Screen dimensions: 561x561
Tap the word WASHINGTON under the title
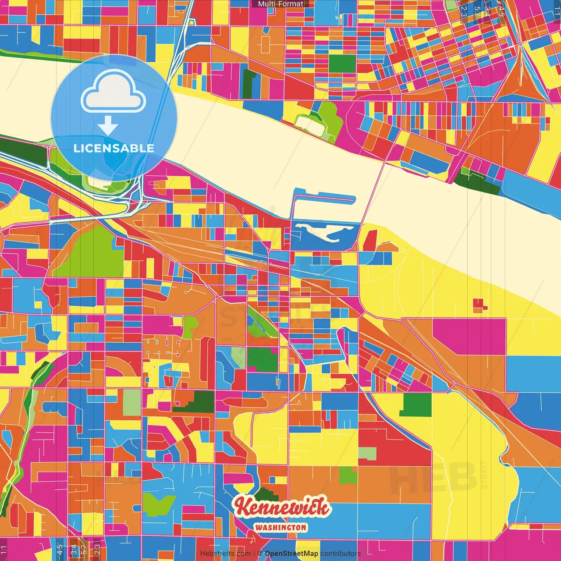(x=280, y=528)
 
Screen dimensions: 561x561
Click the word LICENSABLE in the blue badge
(x=114, y=148)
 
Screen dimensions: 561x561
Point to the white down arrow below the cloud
(x=108, y=126)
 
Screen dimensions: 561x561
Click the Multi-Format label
(x=280, y=4)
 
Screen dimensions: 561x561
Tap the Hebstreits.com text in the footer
(x=225, y=554)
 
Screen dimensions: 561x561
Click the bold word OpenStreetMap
(x=291, y=554)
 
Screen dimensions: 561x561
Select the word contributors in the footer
(x=341, y=554)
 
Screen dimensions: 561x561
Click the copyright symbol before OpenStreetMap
(x=260, y=554)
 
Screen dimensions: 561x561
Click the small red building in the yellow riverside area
(x=480, y=305)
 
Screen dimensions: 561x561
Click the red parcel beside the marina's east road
(x=370, y=240)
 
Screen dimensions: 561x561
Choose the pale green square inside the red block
(x=367, y=454)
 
